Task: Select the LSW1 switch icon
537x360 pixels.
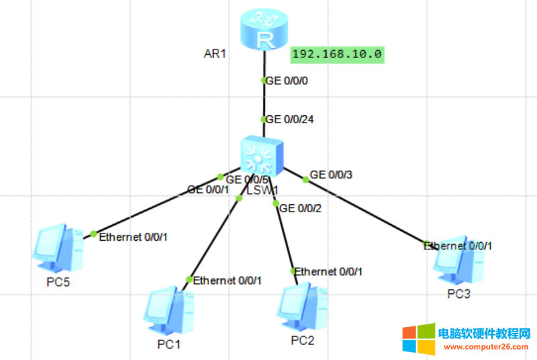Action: [x=262, y=156]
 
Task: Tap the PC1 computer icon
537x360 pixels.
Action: [x=168, y=311]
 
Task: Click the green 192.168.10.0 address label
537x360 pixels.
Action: [x=337, y=54]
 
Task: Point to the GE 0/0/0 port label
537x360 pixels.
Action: [x=287, y=81]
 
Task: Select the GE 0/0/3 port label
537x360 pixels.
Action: [x=331, y=175]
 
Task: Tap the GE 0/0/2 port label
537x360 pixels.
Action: [x=301, y=208]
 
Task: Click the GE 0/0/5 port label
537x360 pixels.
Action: [x=247, y=179]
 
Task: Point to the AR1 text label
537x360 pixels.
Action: [x=215, y=53]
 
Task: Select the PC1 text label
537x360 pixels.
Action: [x=168, y=344]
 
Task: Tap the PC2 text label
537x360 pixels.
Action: [x=303, y=340]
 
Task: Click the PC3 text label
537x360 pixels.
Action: [x=458, y=293]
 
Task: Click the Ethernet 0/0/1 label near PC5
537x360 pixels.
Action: [x=133, y=237]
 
